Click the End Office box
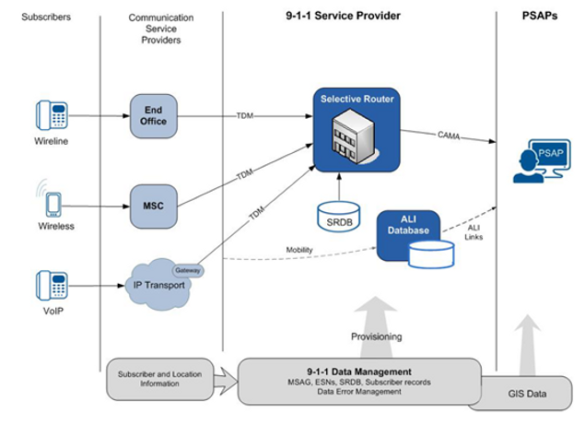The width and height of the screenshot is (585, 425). (x=154, y=115)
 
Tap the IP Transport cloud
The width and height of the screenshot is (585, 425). (x=162, y=281)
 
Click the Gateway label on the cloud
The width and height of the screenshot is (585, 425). (x=189, y=271)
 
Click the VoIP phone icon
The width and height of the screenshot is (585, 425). (x=53, y=285)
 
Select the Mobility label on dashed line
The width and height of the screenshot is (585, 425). (x=300, y=249)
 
